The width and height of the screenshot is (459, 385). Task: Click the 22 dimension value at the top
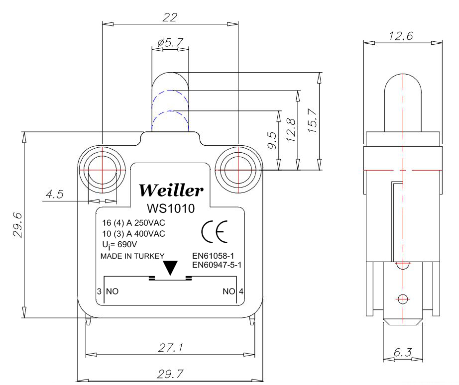[170, 17]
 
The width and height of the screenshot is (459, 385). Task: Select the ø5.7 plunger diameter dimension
[169, 43]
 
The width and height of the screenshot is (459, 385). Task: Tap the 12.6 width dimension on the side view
[402, 36]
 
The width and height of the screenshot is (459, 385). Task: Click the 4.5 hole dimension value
[54, 194]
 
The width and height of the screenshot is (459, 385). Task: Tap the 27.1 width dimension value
[170, 348]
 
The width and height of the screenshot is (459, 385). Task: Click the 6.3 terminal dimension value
[402, 353]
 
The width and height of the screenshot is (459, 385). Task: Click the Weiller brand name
[171, 190]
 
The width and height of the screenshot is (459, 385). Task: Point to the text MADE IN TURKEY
[132, 257]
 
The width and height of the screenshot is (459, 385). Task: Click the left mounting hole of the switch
[101, 169]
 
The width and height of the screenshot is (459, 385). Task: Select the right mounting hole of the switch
[238, 169]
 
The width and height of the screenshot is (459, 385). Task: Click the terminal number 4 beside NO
[241, 291]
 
